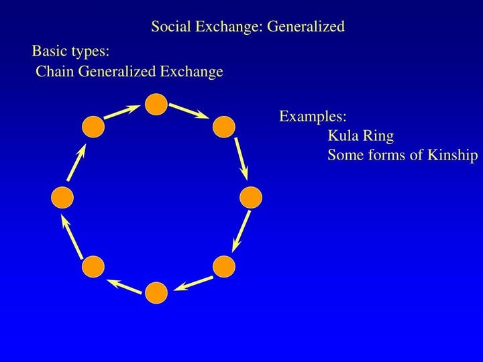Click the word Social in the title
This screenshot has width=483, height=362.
pos(171,26)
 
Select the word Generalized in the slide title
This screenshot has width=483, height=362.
pos(306,27)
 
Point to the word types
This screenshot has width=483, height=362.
pos(91,52)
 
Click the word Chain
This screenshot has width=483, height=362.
pos(55,72)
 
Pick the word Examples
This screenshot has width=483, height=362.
pos(313,117)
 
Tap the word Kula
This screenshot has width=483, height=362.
pos(342,135)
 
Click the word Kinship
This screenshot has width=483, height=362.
pos(453,155)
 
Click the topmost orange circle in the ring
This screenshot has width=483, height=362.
pos(156,105)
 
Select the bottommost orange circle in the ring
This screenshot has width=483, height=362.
pos(156,293)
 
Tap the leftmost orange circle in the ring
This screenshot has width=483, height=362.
pos(62,198)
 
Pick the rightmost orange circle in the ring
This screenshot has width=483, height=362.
pos(251,198)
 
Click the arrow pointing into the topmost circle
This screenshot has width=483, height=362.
pos(122,112)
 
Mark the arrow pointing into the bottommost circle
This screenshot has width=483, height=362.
pos(193,283)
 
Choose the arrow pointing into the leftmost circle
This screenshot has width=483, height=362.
pos(72,236)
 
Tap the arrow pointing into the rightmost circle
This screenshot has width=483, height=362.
pos(241,159)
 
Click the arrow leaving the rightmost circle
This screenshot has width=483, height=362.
pos(241,231)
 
